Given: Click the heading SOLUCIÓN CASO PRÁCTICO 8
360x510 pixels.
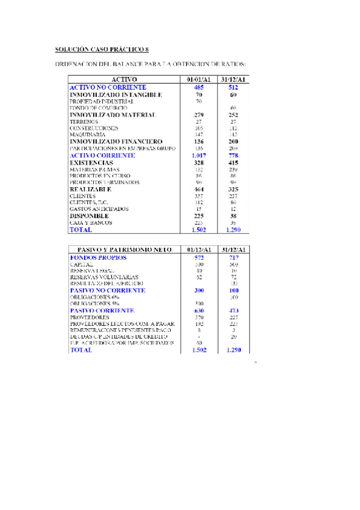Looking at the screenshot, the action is (101, 49).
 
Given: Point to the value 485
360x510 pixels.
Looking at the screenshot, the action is (198, 88).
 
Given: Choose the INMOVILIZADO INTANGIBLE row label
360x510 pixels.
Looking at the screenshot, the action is (115, 95).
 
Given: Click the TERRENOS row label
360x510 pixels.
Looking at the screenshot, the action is (84, 121).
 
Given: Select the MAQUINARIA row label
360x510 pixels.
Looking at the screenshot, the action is (87, 135).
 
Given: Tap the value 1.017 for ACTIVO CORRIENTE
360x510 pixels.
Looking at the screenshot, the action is (198, 155).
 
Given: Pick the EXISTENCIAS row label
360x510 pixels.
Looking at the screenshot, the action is (91, 162).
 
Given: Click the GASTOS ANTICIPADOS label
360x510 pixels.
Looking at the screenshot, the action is (99, 209).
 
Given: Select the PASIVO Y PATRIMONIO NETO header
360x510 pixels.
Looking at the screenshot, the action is (125, 250).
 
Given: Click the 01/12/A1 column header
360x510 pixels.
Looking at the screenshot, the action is (198, 250).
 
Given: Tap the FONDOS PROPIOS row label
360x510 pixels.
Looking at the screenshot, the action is (98, 257).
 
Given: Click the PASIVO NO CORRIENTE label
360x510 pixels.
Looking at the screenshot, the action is (108, 290).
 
